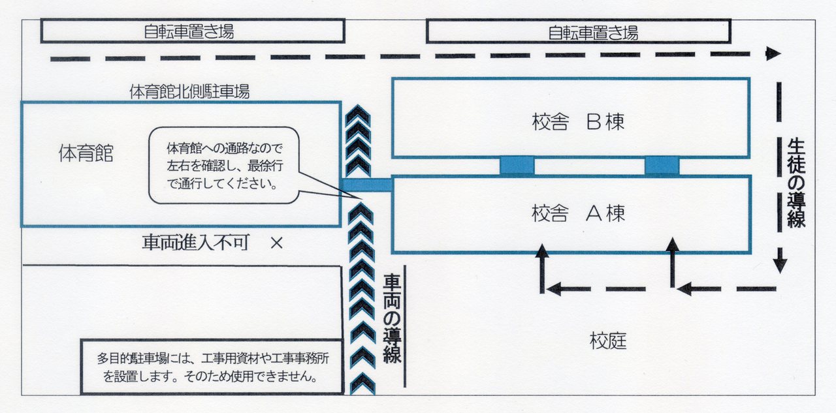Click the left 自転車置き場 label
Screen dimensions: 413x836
[189, 31]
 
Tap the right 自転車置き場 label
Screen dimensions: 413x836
[592, 31]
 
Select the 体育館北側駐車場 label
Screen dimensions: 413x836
[189, 92]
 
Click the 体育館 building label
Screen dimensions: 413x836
[86, 155]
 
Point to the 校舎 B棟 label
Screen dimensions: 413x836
[578, 122]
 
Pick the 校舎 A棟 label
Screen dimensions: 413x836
[578, 213]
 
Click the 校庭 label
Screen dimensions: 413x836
[608, 341]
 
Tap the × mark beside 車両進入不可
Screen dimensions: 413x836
[276, 243]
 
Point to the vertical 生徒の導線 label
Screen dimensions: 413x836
[796, 183]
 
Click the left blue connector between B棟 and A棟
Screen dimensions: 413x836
[517, 166]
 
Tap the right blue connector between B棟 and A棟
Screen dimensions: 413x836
[662, 166]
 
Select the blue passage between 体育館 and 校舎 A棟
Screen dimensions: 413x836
[366, 185]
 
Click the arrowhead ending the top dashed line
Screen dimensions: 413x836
[773, 54]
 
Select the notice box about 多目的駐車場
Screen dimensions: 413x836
[212, 367]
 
